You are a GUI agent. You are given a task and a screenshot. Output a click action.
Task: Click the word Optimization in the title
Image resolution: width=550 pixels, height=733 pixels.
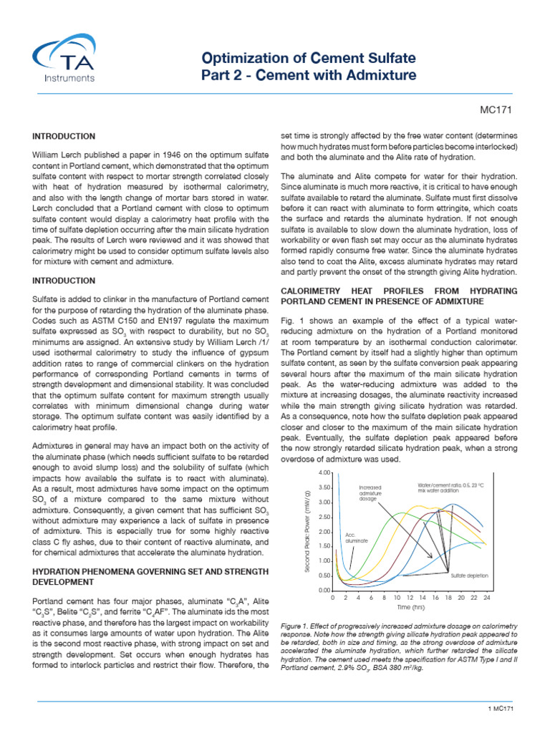pyautogui.click(x=246, y=57)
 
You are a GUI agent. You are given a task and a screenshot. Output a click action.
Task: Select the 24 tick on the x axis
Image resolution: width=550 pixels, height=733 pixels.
pyautogui.click(x=486, y=597)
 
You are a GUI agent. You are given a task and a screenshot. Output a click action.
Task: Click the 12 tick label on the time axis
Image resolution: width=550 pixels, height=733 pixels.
pyautogui.click(x=410, y=597)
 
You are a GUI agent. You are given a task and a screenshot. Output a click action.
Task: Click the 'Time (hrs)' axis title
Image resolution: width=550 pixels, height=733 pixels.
pyautogui.click(x=409, y=607)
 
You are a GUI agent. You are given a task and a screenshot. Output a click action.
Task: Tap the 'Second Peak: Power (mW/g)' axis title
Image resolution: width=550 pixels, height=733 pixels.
pyautogui.click(x=307, y=532)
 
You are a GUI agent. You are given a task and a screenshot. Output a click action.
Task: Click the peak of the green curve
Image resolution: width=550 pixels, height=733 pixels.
pyautogui.click(x=398, y=513)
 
